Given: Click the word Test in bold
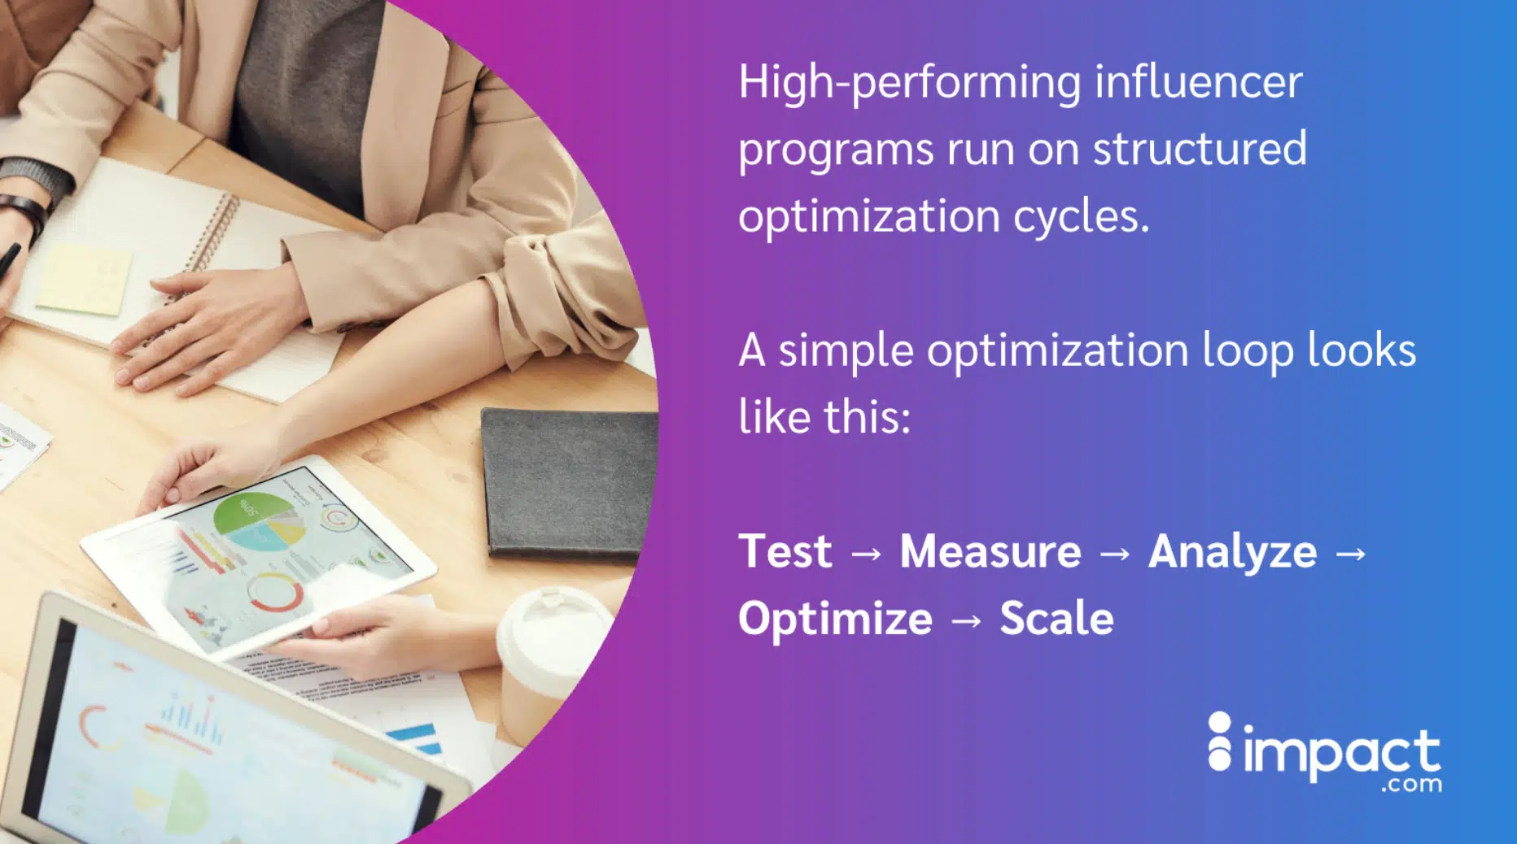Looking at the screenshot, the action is pos(785,551).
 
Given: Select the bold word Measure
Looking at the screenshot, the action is pos(990,551).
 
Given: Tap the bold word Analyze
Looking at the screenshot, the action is pos(1232,553).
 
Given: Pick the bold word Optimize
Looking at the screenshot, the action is pos(835,620).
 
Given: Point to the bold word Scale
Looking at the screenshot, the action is pos(1056,618).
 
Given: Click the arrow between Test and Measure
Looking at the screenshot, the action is pos(866,555).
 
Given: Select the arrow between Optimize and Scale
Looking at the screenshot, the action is pos(966,621).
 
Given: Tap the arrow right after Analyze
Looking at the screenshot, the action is pos(1351,555).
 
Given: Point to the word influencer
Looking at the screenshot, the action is pos(1199,81).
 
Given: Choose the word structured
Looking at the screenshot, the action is pos(1200,149).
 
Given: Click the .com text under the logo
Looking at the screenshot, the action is pos(1411,785).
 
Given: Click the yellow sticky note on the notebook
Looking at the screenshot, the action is pos(85,279).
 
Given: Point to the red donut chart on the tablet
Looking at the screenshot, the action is pos(275,593).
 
